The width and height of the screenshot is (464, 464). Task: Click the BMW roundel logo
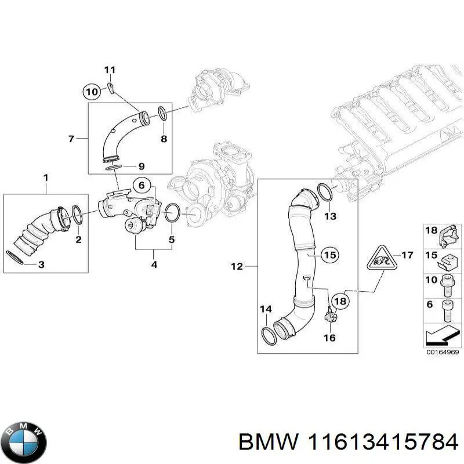click(24, 441)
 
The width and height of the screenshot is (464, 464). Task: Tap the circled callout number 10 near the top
click(92, 91)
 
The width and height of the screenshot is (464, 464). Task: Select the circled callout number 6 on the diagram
click(141, 185)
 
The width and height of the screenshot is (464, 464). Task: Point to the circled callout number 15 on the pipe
click(329, 255)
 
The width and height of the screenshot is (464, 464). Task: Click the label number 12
click(236, 267)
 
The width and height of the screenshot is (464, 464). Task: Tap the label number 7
click(71, 139)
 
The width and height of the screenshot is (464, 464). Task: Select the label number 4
click(154, 266)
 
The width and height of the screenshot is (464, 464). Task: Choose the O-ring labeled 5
click(172, 213)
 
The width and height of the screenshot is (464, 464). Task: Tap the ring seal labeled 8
click(163, 115)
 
